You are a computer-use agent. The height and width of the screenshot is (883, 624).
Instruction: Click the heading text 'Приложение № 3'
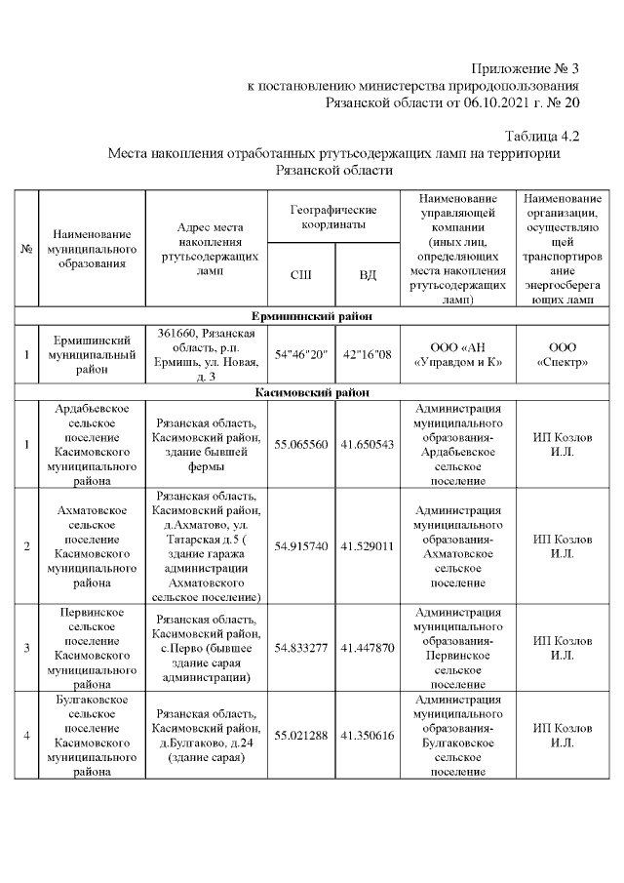525,69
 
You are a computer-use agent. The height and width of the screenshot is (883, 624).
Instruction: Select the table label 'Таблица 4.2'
542,136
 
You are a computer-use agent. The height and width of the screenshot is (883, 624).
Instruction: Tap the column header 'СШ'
301,275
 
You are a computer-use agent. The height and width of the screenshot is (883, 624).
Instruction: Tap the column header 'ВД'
368,275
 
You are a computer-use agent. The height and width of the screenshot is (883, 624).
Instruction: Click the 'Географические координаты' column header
334,218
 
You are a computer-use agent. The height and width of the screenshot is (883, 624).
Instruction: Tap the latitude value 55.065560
301,444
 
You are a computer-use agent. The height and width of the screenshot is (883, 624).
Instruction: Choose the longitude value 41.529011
368,546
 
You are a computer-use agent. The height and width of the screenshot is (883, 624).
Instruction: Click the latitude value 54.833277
301,648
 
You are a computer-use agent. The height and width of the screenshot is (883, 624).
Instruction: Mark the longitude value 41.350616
368,735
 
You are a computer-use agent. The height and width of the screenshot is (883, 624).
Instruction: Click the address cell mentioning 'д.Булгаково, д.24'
207,735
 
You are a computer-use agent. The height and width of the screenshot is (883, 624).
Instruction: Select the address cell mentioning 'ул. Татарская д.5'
207,546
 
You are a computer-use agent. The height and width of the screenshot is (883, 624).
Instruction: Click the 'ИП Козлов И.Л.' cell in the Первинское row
563,648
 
